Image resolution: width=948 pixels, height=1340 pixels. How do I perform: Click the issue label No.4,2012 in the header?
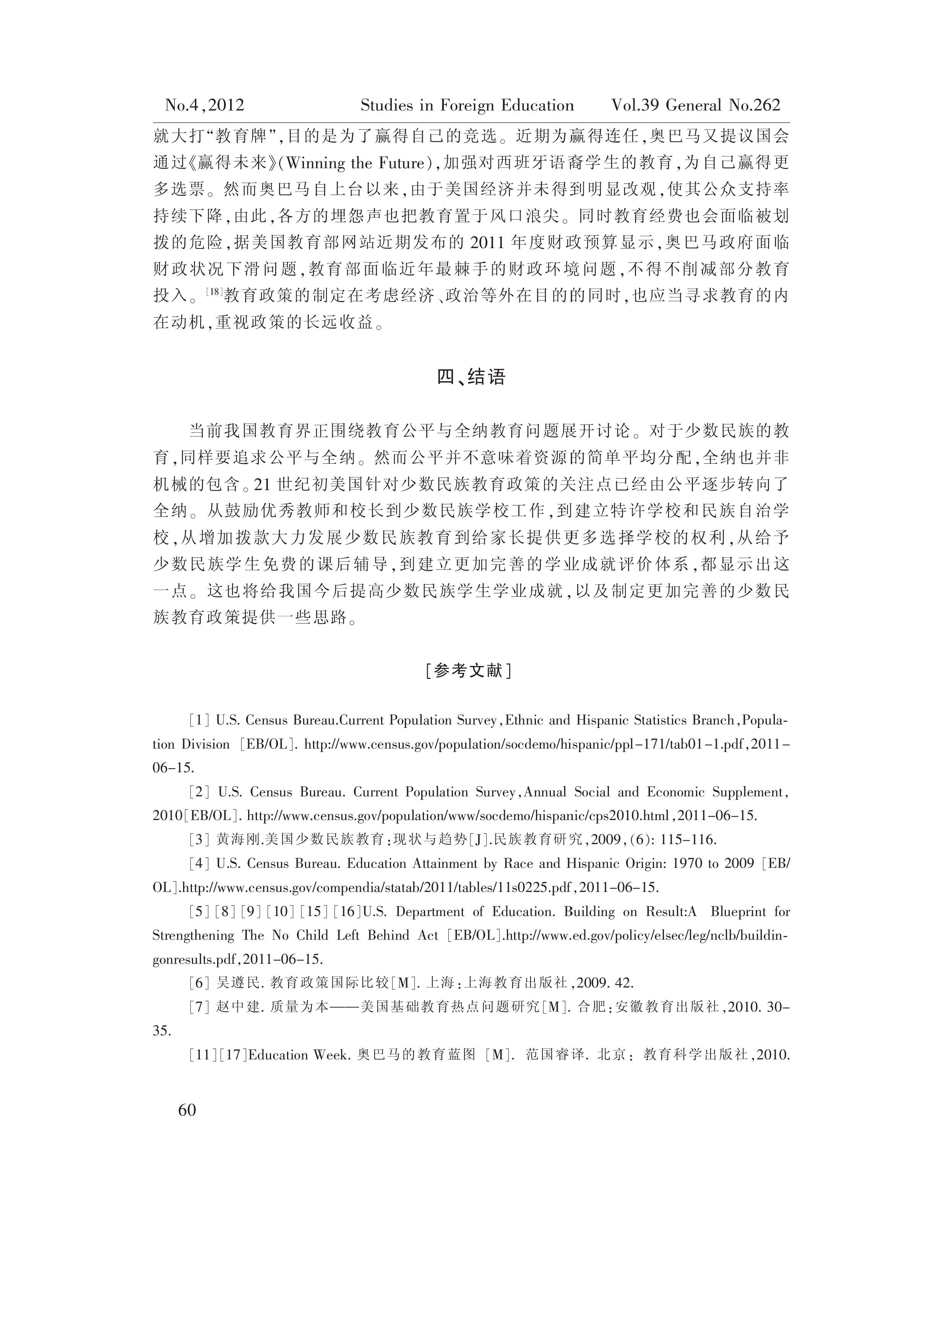pos(204,105)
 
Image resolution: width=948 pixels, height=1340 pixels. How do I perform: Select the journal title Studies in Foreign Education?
pos(467,105)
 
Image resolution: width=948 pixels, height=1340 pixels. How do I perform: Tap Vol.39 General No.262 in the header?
pos(695,105)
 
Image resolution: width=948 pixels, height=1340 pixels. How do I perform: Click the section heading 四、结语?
pos(471,377)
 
